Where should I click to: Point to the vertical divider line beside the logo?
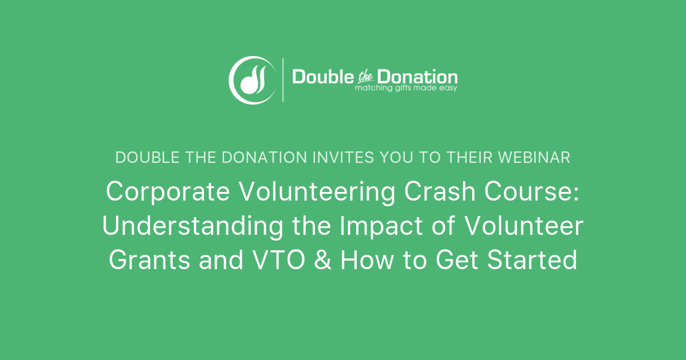click(x=283, y=79)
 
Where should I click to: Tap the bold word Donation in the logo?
click(x=424, y=77)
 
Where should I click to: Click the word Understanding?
click(x=192, y=227)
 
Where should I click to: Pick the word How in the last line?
click(x=364, y=261)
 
